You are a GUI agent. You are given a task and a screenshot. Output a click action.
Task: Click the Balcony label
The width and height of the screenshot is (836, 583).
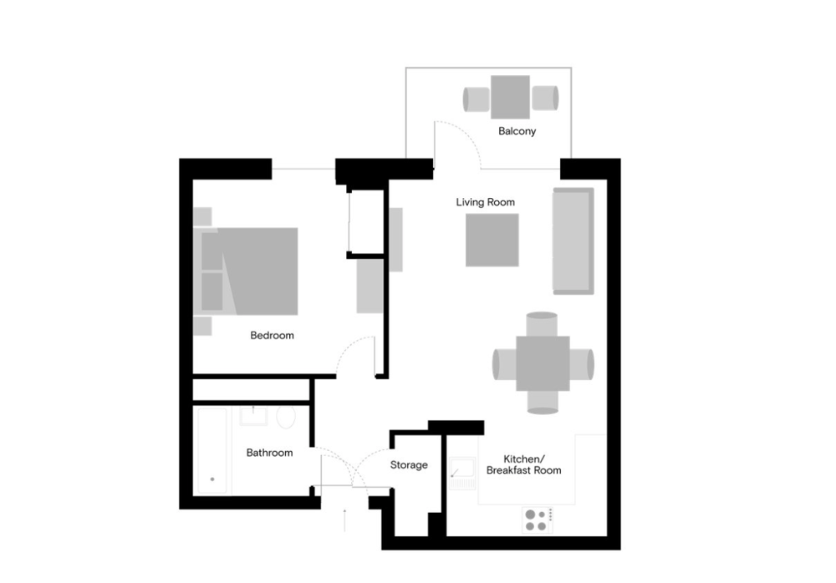click(x=517, y=131)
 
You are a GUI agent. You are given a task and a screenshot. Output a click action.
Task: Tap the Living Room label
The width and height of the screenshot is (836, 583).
click(x=485, y=202)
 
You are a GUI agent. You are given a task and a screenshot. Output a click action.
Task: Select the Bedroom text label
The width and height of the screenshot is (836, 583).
click(x=272, y=335)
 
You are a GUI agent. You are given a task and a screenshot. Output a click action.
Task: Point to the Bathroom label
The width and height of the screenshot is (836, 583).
click(x=269, y=453)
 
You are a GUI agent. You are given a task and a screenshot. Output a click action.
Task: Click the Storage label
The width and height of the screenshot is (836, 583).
click(x=409, y=464)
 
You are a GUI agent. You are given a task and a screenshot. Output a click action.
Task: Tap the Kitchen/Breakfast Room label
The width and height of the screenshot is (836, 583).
click(x=523, y=464)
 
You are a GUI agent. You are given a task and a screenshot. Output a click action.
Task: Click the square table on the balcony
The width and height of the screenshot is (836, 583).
click(x=510, y=97)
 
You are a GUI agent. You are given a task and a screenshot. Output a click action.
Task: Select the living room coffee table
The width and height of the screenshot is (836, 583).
click(x=492, y=240)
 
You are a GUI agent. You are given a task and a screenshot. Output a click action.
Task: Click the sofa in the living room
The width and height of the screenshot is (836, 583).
click(x=573, y=241)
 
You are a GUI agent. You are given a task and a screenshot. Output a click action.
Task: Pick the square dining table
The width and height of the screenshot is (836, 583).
click(x=543, y=363)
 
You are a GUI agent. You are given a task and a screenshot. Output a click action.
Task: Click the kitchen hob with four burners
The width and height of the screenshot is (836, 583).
click(x=538, y=520)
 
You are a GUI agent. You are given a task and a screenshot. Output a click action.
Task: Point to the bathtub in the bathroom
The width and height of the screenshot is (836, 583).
click(x=212, y=451)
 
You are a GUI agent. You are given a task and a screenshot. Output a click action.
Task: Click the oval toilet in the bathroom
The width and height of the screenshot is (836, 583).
click(x=286, y=418)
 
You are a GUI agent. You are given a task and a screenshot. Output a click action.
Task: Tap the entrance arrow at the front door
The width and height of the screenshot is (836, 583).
click(x=345, y=520)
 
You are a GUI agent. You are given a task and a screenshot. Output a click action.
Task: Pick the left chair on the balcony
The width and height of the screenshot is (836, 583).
click(x=477, y=99)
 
